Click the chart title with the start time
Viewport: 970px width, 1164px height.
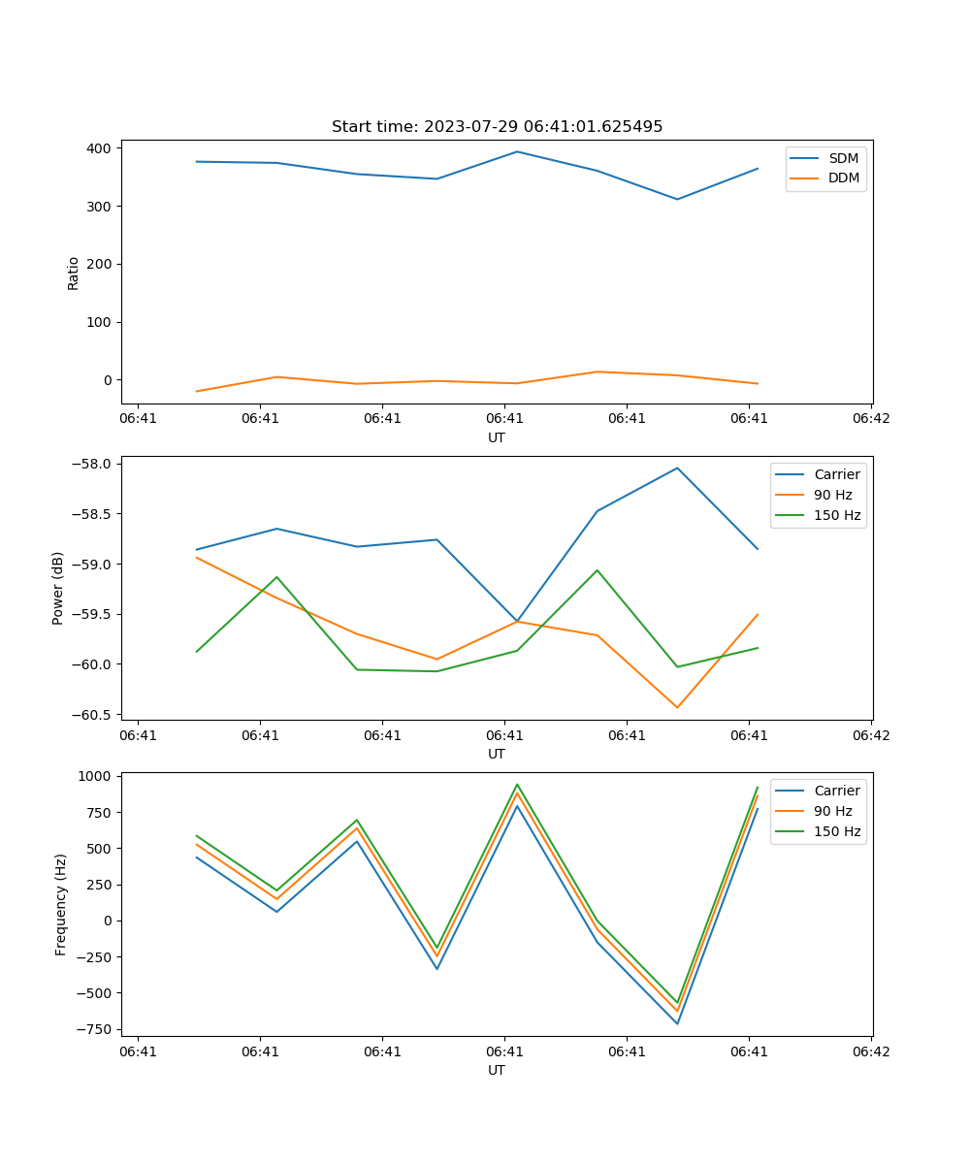497,127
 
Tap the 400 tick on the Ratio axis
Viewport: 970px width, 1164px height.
99,148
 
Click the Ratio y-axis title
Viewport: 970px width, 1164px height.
74,273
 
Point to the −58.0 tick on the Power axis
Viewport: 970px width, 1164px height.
93,464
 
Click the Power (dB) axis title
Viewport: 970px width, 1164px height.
58,588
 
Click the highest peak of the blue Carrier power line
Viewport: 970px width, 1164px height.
677,468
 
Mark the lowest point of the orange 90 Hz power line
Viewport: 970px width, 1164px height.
677,708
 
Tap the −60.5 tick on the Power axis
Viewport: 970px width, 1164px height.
93,715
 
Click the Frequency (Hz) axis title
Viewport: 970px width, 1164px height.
61,904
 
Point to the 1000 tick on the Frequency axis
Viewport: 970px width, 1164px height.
96,776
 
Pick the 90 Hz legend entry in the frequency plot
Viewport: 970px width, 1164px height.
832,811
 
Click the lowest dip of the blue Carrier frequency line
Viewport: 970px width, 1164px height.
677,1024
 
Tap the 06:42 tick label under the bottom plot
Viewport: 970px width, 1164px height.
870,1051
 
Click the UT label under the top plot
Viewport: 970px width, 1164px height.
497,437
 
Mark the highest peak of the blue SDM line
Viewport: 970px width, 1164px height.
517,151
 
